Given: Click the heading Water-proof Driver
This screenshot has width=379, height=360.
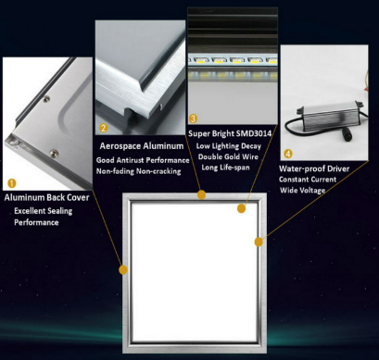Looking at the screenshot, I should [315, 169].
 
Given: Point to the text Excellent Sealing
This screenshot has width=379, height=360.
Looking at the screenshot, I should [46, 212].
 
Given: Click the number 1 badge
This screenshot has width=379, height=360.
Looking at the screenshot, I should [12, 183].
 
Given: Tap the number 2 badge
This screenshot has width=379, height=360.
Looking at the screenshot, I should [104, 129].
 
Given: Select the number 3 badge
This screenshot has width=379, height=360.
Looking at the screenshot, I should [193, 119].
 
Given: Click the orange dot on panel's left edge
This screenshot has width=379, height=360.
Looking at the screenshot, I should [123, 269].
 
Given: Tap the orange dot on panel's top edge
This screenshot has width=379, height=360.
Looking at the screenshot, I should [202, 194].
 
